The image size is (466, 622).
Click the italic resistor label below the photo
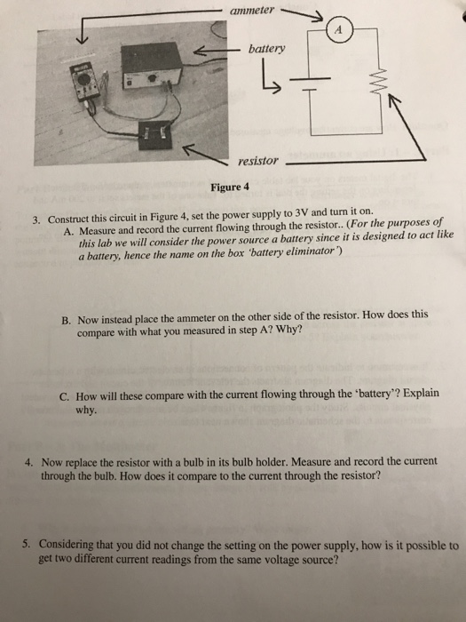(x=258, y=162)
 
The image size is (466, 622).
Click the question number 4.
(x=30, y=463)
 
